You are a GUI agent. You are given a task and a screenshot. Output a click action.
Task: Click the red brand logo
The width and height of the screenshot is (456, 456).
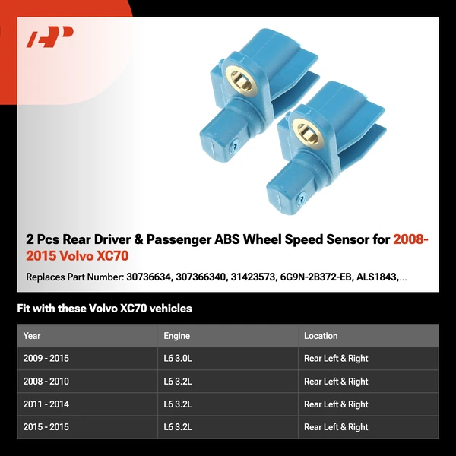[x=50, y=36]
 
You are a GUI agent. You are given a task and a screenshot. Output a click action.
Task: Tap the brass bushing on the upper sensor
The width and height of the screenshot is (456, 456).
[x=241, y=80]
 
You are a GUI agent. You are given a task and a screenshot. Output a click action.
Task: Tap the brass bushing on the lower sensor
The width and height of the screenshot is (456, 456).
[x=308, y=132]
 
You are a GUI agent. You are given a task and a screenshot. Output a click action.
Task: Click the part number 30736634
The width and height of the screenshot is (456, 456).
[x=148, y=277]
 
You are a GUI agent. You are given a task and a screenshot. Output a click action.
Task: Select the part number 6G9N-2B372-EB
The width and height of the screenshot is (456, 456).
[x=316, y=277]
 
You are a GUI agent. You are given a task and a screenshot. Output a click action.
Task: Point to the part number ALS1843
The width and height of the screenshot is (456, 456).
[x=377, y=277]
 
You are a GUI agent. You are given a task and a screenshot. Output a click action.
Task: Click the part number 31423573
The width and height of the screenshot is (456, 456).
[x=253, y=277]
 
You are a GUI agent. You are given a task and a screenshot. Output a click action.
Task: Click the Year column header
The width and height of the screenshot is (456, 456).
[x=32, y=336]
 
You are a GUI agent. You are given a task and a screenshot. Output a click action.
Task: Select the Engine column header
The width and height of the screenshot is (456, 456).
[x=176, y=336]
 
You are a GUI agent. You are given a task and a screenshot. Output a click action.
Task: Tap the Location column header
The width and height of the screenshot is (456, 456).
[x=321, y=336]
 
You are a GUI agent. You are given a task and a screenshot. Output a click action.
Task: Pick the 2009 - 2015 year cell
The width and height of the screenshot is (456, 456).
[x=46, y=358]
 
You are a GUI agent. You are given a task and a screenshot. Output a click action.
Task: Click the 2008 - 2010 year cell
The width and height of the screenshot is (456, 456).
[x=46, y=381]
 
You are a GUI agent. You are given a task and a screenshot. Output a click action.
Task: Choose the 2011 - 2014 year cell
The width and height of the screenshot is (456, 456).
[x=46, y=404]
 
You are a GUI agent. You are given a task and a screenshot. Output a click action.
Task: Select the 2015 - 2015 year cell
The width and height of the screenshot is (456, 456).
[x=46, y=426]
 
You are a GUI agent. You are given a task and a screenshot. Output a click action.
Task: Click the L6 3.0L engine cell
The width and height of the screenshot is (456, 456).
[x=178, y=358]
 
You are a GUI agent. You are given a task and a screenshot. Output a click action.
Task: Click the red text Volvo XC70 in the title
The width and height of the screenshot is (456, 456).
[x=94, y=256]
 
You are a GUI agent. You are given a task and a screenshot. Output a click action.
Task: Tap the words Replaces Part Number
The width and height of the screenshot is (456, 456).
[x=75, y=277]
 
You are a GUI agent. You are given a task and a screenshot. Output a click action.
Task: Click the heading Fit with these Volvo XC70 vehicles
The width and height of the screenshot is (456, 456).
[x=104, y=309]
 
